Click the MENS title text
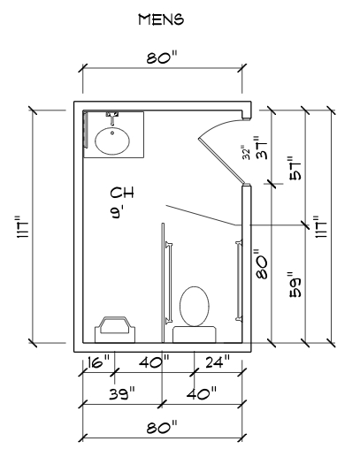click(x=161, y=19)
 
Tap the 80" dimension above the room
click(x=162, y=57)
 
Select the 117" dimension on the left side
click(x=24, y=227)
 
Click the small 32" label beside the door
click(x=247, y=152)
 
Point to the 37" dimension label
click(x=262, y=148)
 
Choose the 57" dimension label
click(x=295, y=168)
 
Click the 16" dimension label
click(x=98, y=361)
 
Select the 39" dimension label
click(x=122, y=393)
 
